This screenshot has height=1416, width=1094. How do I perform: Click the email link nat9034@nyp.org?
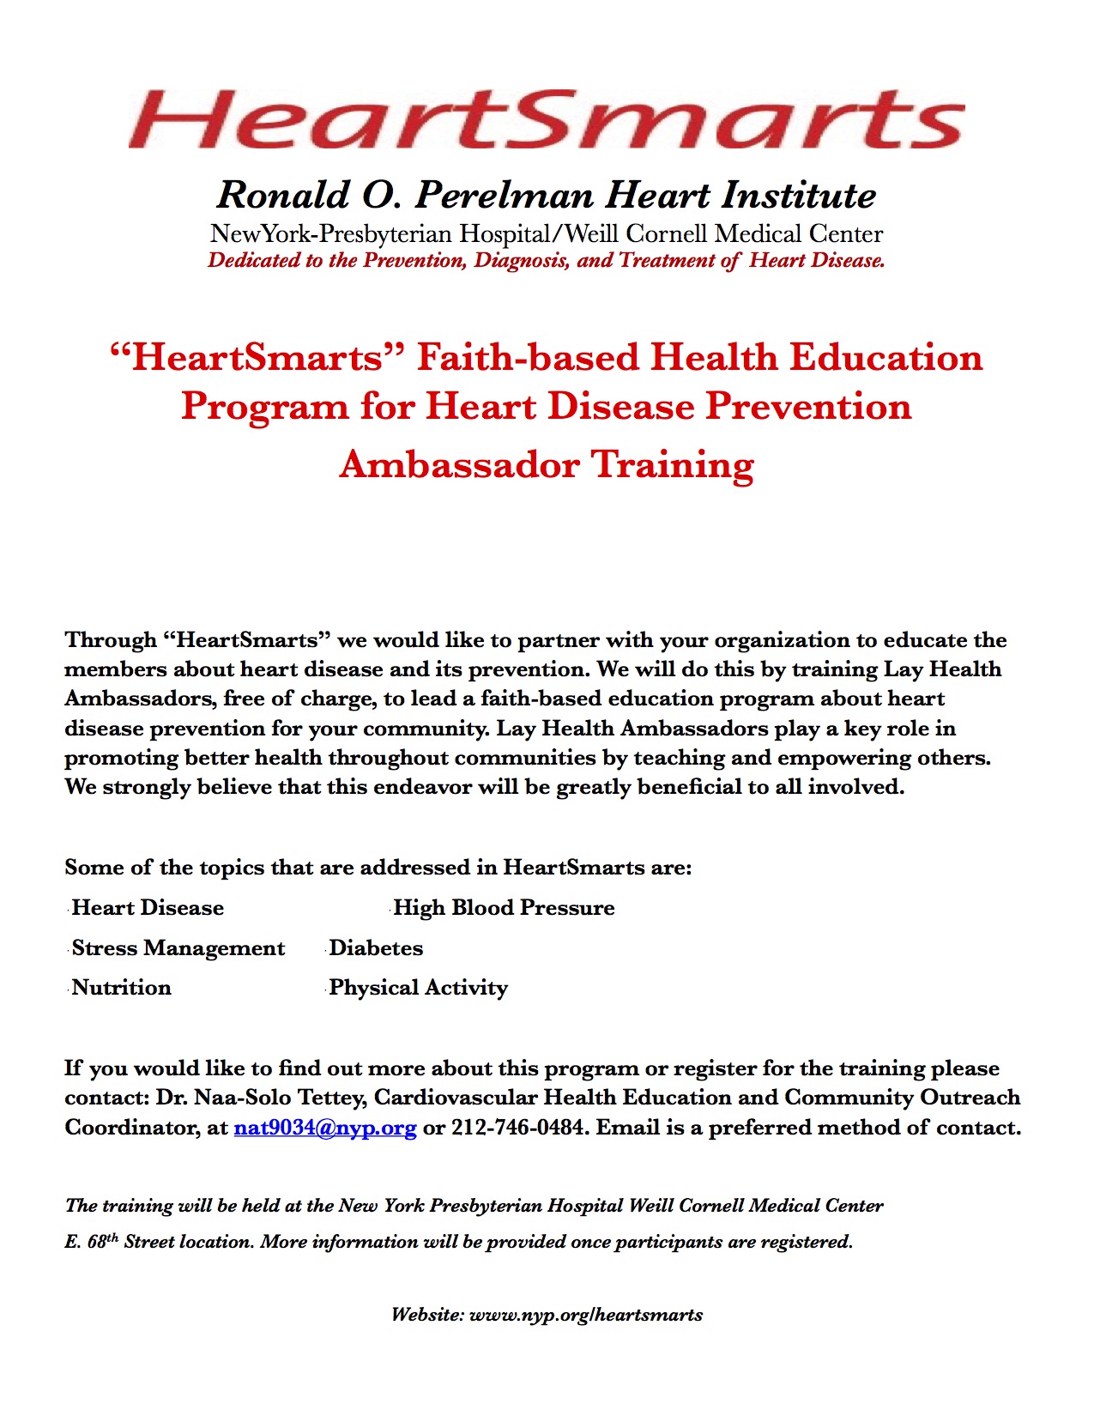click(x=325, y=1127)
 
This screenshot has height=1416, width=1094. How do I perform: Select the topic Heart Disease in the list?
click(x=148, y=908)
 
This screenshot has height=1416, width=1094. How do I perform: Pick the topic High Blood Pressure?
click(x=504, y=908)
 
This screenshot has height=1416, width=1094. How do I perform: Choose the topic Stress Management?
click(x=178, y=948)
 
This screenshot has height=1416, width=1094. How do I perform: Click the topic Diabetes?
click(x=376, y=948)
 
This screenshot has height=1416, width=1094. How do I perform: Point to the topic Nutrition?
click(x=122, y=988)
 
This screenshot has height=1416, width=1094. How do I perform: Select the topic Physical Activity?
click(x=419, y=988)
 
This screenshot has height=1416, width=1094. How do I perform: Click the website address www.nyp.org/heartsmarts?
click(x=586, y=1315)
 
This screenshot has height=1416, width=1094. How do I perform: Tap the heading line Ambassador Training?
click(x=547, y=464)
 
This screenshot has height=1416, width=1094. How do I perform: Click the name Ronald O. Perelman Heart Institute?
click(x=547, y=196)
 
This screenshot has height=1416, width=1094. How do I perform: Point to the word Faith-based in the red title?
click(x=528, y=358)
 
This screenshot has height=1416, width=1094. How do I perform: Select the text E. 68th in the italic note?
click(x=91, y=1242)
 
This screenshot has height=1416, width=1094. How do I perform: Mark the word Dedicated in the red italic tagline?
click(x=254, y=260)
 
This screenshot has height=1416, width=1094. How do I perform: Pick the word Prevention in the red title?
click(x=808, y=406)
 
